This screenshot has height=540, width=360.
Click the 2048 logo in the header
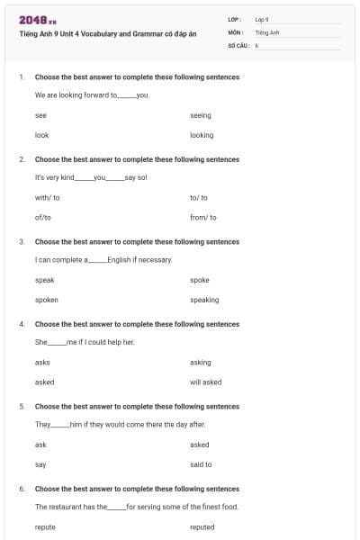pyautogui.click(x=38, y=19)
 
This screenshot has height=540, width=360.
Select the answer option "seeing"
pyautogui.click(x=200, y=115)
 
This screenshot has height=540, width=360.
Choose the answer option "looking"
pyautogui.click(x=202, y=135)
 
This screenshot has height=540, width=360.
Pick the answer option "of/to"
pyautogui.click(x=43, y=217)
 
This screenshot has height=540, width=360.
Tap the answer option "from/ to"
pyautogui.click(x=203, y=217)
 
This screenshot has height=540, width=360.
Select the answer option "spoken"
pyautogui.click(x=47, y=300)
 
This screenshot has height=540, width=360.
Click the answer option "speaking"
pyautogui.click(x=204, y=300)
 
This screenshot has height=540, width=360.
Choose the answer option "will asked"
pyautogui.click(x=206, y=382)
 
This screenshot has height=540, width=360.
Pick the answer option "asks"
pyautogui.click(x=42, y=362)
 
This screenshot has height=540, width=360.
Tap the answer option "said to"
pyautogui.click(x=201, y=464)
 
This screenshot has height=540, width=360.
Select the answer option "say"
pyautogui.click(x=40, y=464)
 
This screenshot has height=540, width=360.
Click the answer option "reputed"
pyautogui.click(x=202, y=526)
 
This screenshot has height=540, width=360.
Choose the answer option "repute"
pyautogui.click(x=45, y=526)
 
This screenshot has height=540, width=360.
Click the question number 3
pyautogui.click(x=22, y=241)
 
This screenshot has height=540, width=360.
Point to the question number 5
pyautogui.click(x=22, y=406)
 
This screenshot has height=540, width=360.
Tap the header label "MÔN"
pyautogui.click(x=235, y=31)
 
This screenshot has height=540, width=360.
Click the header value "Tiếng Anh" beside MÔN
pyautogui.click(x=267, y=31)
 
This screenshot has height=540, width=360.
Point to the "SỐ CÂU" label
pyautogui.click(x=238, y=44)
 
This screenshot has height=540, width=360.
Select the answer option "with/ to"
pyautogui.click(x=48, y=197)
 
